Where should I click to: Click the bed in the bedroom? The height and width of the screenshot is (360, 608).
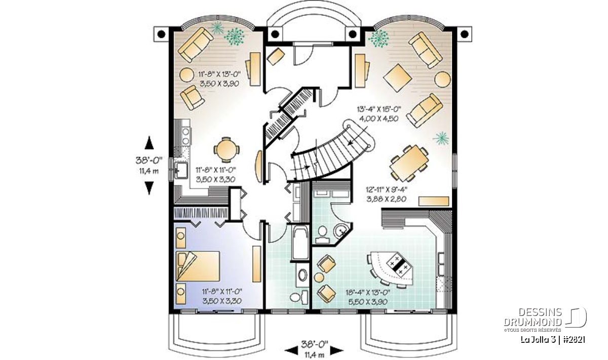coord(198,266)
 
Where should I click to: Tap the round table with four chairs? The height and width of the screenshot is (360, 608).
coord(226,150)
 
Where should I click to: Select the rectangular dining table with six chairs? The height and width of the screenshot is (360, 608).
coord(409,163)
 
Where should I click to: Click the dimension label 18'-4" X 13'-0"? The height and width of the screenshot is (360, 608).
coord(368,293)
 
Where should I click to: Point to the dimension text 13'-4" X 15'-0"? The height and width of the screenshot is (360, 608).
coord(379,109)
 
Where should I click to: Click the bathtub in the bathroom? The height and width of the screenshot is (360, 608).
coord(300,243)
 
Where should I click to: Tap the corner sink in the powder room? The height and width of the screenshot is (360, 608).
coord(341,231)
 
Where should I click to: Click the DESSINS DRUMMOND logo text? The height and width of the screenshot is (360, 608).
coord(533,317)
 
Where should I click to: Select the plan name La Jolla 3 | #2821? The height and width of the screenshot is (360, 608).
coord(548,340)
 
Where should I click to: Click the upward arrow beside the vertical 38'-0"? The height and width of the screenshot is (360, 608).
coord(149,143)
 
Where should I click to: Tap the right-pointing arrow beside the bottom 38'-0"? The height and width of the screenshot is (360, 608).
coord(336,350)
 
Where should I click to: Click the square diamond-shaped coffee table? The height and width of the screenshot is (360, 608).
coord(397,78)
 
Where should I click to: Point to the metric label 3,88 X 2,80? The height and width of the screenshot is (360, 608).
coord(386,199)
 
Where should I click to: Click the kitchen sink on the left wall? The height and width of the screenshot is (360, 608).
coord(181,170)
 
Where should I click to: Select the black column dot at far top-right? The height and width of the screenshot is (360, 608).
coord(465,34)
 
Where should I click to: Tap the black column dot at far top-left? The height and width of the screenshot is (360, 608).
coord(161,34)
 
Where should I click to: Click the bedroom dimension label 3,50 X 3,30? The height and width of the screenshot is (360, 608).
coord(222,301)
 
